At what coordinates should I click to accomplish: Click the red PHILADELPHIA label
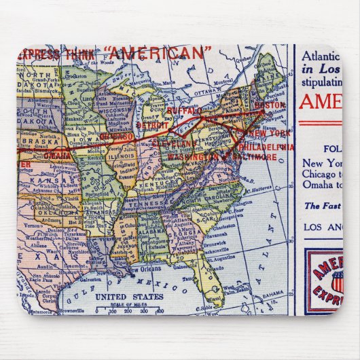pos(267,146)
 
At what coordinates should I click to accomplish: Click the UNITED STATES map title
pos(129,297)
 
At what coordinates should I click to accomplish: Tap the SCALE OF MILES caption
pos(129,304)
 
